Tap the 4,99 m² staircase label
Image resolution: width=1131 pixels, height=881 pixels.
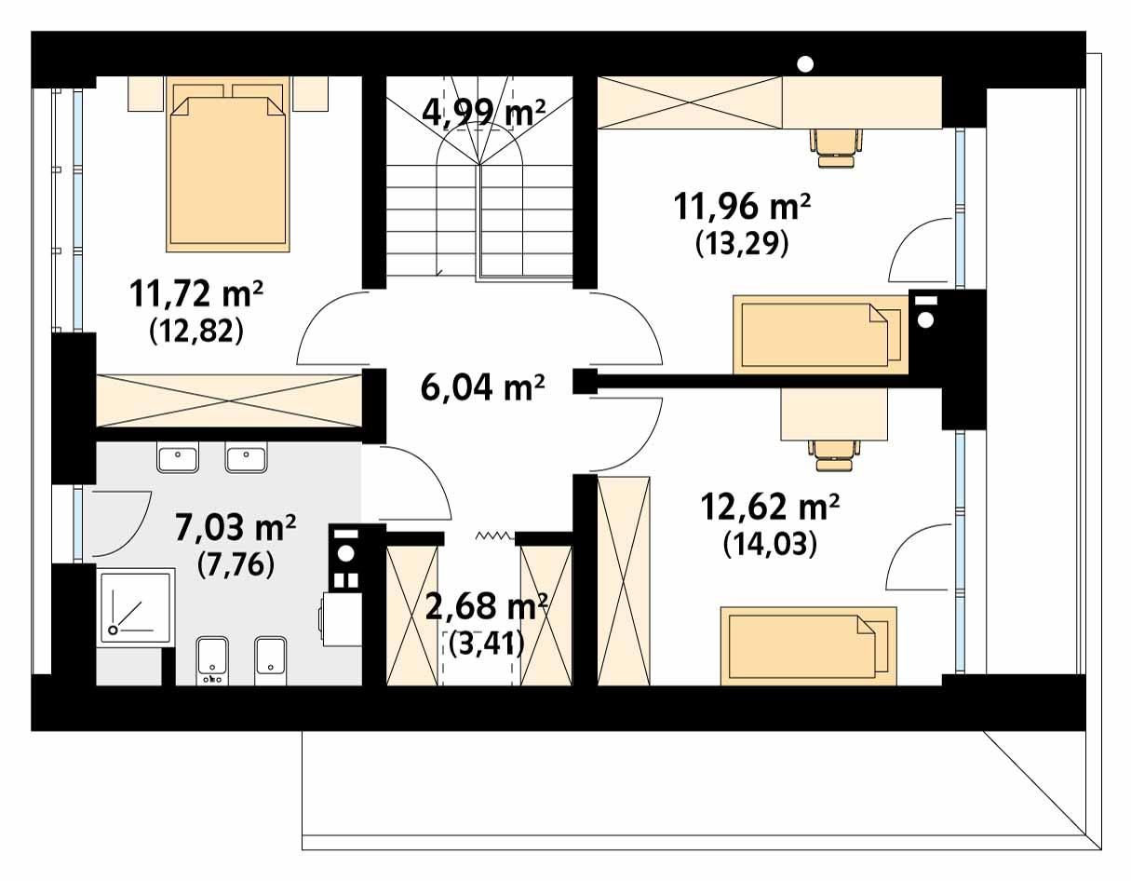pyautogui.click(x=483, y=112)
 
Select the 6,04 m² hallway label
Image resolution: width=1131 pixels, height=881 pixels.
pyautogui.click(x=482, y=386)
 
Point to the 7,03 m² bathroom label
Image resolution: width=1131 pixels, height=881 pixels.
pyautogui.click(x=236, y=528)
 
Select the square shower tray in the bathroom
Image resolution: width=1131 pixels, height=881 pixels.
pyautogui.click(x=135, y=606)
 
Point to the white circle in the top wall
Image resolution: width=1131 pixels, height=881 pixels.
pyautogui.click(x=806, y=63)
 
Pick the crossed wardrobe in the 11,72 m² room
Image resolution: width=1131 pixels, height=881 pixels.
pyautogui.click(x=228, y=400)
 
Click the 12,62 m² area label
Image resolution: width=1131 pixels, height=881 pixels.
pyautogui.click(x=770, y=508)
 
